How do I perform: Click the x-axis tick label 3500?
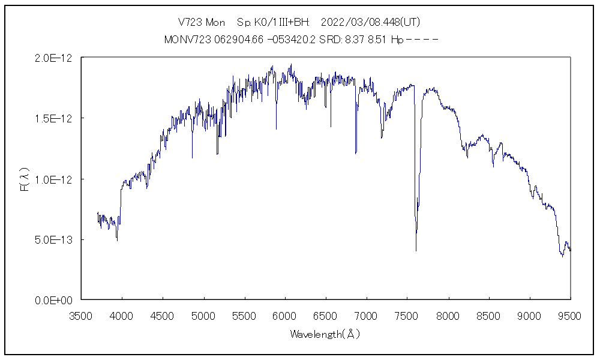[82, 316]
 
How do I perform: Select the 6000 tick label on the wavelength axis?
[285, 316]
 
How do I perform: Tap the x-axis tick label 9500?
[570, 316]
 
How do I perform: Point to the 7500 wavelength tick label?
[407, 316]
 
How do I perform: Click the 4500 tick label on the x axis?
[163, 316]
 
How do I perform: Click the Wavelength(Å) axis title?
[325, 334]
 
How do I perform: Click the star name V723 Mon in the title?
[202, 22]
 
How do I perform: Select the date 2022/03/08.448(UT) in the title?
[370, 22]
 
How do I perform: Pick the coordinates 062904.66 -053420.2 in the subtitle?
[259, 40]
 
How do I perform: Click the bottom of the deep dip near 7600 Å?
[416, 250]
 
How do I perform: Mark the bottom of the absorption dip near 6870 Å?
[356, 153]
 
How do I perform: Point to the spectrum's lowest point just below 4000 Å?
[117, 241]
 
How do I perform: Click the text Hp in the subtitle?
[397, 40]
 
